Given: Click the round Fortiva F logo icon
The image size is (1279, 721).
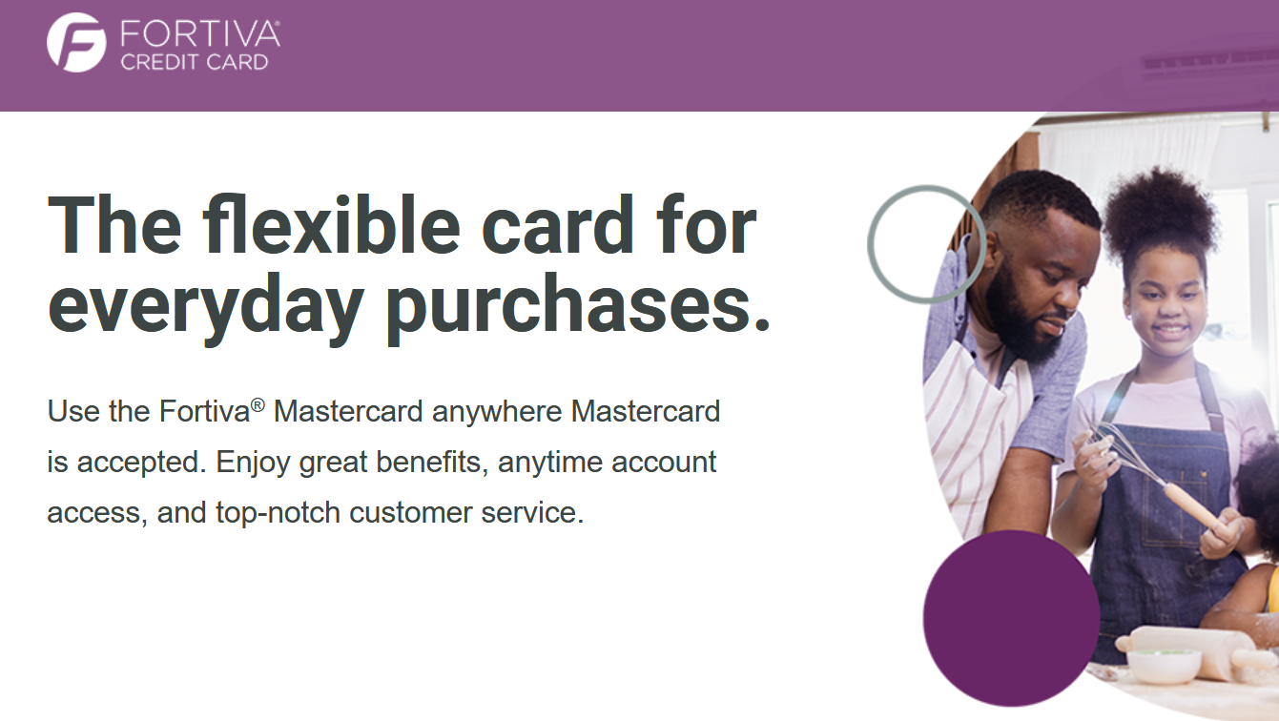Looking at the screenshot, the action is coord(76,42).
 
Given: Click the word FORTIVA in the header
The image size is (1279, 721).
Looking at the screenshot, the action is coord(199,34).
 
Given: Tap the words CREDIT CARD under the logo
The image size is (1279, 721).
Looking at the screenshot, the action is coord(195,62).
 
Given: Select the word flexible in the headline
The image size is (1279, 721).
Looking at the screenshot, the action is coord(331,224).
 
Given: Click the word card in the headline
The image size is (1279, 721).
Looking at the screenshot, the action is coord(558,224).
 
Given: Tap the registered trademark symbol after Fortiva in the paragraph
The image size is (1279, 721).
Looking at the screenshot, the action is coord(258,404).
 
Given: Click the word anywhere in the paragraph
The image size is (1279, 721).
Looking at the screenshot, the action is coord(497,412).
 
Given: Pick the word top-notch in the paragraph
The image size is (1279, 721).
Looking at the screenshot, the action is coord(278,513).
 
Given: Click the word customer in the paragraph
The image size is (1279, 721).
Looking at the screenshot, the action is coord(410,513).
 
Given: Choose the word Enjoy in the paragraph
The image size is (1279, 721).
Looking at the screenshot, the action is coord(253,463).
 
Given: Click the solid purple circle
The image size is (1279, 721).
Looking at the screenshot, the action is coord(1011,618).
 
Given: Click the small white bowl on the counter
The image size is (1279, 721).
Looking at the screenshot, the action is coord(1163,667).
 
